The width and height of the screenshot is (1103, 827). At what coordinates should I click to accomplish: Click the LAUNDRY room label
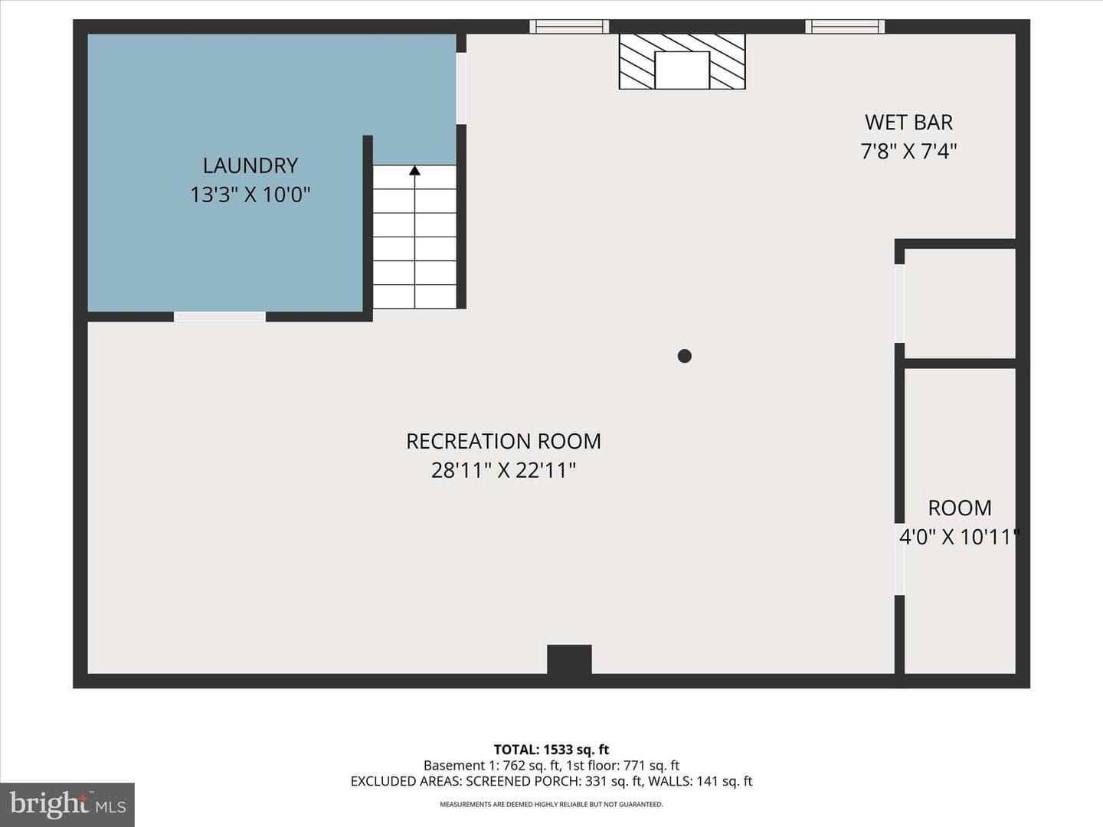point(250,165)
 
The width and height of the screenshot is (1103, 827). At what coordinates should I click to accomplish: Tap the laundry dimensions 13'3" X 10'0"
point(250,194)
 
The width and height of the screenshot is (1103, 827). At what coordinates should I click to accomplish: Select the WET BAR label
point(908,123)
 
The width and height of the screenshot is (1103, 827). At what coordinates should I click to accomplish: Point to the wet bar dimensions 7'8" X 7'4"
point(908,151)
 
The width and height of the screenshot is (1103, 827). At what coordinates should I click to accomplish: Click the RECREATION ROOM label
point(503,441)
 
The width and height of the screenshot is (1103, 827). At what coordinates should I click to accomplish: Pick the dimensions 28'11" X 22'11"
point(503,470)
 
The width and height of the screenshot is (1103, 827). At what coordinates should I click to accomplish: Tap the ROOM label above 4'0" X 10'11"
point(960,508)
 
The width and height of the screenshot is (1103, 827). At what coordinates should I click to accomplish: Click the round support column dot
point(685,356)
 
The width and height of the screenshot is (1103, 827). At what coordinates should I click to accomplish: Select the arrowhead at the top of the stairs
point(414,171)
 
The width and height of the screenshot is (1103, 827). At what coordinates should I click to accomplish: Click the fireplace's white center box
point(682,70)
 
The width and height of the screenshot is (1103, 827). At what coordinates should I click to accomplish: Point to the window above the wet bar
point(845,27)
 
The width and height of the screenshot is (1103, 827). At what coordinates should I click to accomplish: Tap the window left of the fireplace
point(569,27)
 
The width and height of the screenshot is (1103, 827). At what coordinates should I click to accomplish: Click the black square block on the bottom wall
point(569,659)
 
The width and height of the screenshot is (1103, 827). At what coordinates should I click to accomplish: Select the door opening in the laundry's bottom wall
point(220,316)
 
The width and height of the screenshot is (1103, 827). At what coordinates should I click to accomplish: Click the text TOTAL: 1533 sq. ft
point(551,750)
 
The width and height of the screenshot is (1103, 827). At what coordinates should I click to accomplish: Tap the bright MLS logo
point(67,805)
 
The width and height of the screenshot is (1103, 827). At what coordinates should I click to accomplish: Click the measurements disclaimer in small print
point(551,804)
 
